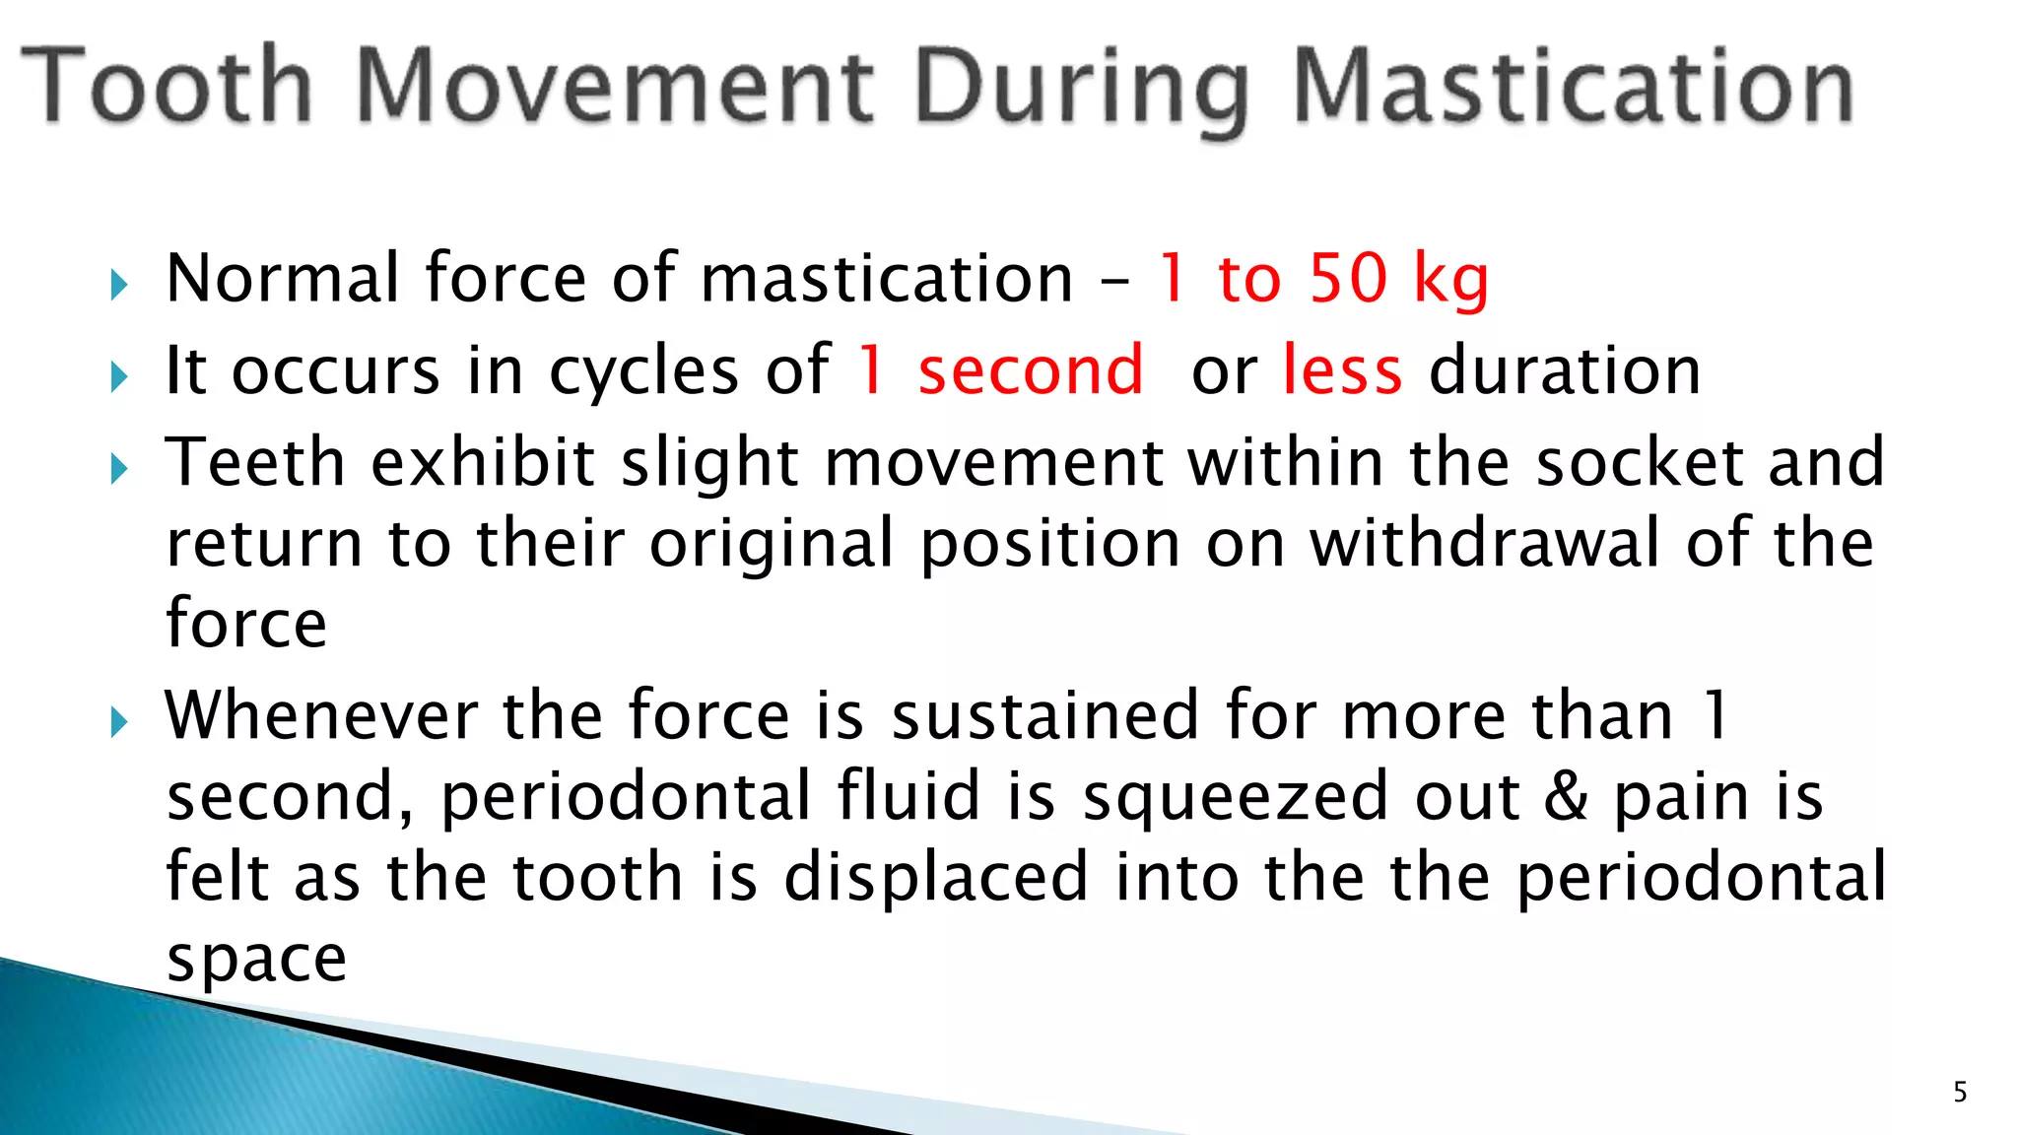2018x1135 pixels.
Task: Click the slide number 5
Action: point(1960,1092)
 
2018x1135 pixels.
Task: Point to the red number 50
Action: point(1348,278)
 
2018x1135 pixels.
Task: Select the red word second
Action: point(1030,370)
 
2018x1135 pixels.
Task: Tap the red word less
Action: point(1342,370)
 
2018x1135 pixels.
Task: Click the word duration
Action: point(1565,370)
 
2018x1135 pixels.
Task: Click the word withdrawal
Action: point(1485,543)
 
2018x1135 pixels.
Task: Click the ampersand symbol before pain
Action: point(1566,796)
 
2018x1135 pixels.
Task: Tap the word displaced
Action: point(936,877)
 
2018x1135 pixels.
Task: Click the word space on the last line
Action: point(256,959)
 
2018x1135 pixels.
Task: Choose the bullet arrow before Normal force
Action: point(119,286)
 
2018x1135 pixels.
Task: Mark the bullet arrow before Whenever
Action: point(119,722)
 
